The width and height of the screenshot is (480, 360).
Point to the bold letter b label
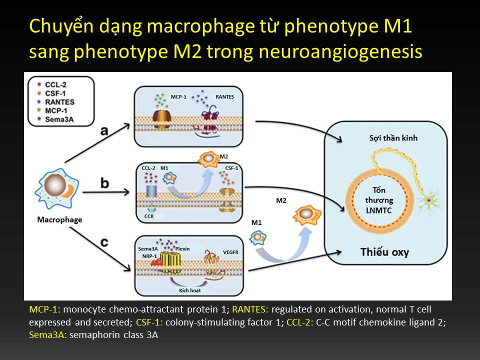coord(104,183)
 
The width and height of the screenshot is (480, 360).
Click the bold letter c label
coord(104,242)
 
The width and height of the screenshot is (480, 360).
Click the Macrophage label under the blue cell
coord(59,219)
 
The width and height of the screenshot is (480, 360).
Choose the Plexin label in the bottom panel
coord(182,249)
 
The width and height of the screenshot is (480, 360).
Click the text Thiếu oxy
coord(384,251)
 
